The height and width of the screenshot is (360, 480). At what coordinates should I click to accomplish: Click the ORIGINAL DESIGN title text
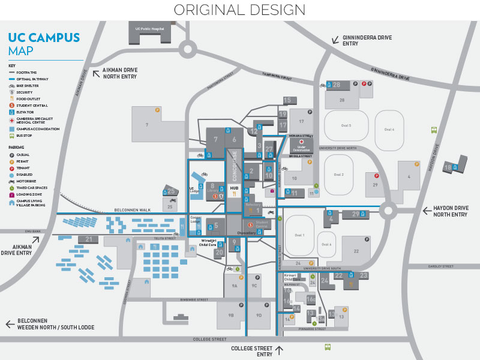coord(239,10)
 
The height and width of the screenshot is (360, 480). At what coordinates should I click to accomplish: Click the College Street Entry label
coord(251,351)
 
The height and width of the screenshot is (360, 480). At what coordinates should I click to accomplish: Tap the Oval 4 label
coord(389,130)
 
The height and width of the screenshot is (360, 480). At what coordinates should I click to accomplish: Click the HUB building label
coord(235,188)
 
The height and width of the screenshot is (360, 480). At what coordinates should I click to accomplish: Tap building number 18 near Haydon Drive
coord(448,167)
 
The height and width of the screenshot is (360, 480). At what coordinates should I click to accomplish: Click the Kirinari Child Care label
coord(292,279)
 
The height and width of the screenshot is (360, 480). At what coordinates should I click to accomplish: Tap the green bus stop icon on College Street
coord(328,347)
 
